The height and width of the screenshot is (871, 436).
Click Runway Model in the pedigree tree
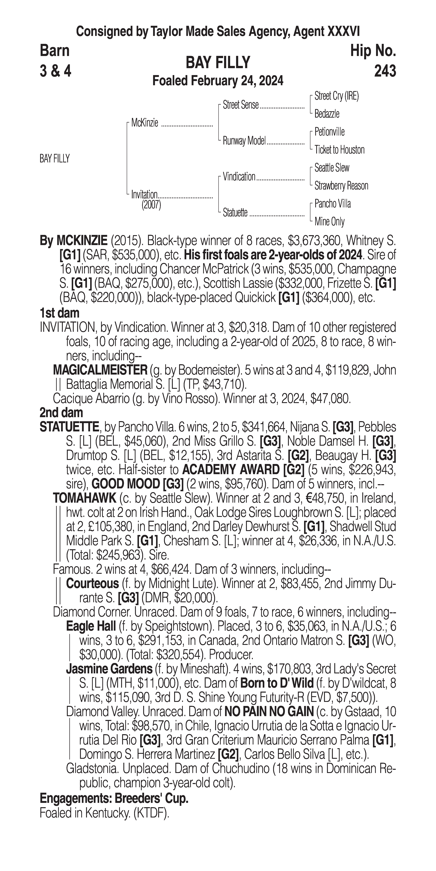[244, 141]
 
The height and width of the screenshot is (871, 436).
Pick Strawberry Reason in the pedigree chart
[341, 186]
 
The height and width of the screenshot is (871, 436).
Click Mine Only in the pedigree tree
[329, 222]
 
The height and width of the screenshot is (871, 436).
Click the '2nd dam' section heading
[61, 412]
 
